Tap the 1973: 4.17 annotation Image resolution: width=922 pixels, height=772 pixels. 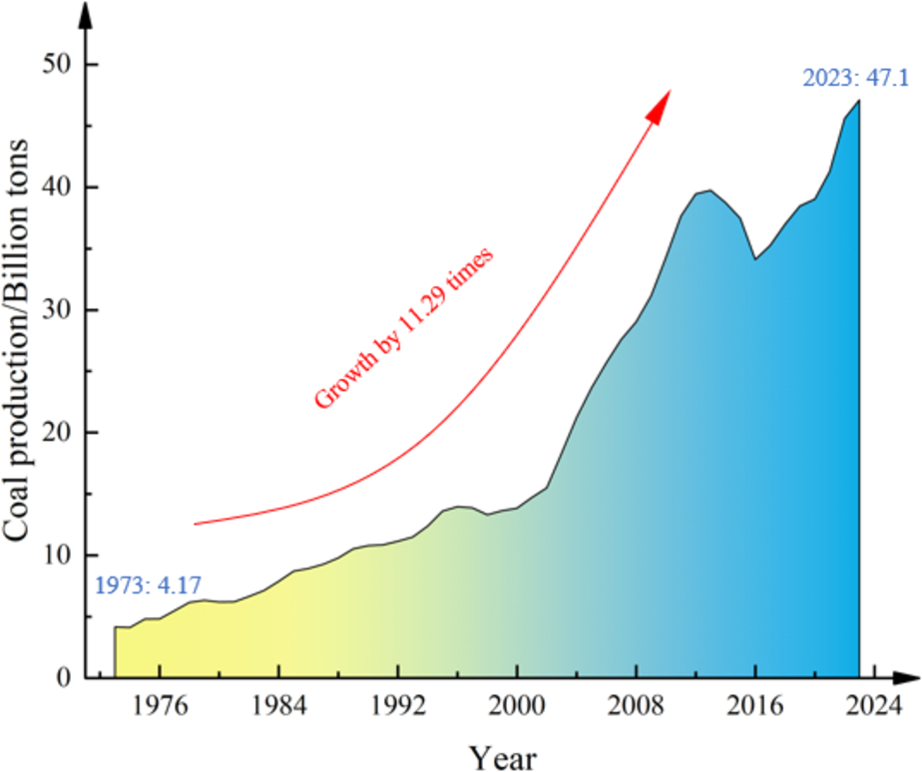pos(148,586)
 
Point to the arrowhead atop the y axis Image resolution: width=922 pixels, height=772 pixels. pos(88,14)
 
